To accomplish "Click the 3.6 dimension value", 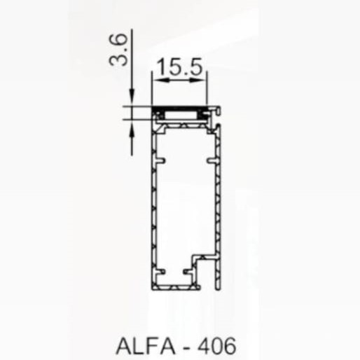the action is (x=118, y=50).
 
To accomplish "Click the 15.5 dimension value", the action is (x=179, y=67).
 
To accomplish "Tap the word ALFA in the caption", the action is (x=145, y=346).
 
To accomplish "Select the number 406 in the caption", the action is (x=216, y=346).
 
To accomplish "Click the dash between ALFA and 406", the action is (x=186, y=348).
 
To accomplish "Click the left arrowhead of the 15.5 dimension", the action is (x=160, y=80).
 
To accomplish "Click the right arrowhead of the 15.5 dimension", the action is (x=198, y=80).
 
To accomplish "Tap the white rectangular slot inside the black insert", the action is (x=181, y=115).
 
